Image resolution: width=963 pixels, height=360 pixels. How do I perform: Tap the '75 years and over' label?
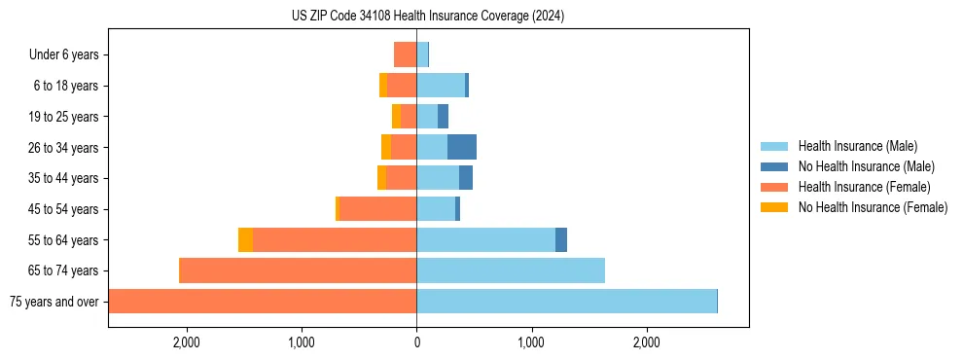click(53, 302)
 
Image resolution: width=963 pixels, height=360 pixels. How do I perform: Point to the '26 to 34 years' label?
click(63, 148)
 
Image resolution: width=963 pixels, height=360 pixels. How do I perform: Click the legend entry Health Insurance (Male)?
click(857, 146)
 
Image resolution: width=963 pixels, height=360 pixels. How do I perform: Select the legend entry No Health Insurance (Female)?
click(873, 207)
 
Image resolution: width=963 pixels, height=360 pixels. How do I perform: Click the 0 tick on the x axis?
click(416, 342)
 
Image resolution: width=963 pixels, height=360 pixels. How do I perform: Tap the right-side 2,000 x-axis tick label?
click(647, 342)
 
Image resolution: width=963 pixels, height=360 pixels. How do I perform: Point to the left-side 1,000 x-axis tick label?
click(302, 342)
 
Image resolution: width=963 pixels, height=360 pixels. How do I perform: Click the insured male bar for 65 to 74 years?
click(511, 270)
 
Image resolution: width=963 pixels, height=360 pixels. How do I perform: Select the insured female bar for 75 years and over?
click(263, 302)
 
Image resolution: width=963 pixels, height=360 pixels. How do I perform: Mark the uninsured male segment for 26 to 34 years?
click(462, 147)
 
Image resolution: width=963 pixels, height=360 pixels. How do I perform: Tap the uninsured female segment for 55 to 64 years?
click(245, 239)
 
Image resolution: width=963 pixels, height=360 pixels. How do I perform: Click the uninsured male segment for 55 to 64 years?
click(561, 239)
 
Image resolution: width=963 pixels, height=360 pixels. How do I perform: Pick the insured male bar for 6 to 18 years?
click(441, 86)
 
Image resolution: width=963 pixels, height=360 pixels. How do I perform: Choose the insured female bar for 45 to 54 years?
click(377, 209)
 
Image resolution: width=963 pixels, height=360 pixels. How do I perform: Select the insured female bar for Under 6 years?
click(405, 54)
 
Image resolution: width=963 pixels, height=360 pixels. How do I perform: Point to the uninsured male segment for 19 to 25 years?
click(443, 117)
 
